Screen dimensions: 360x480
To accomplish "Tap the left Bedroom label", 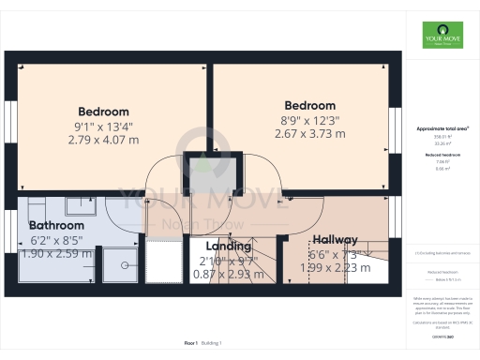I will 103,112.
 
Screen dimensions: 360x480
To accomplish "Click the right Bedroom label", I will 309,106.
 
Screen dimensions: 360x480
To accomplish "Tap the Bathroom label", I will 56,226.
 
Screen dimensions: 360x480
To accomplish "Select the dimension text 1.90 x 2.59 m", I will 56,254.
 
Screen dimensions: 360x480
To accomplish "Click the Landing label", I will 229,247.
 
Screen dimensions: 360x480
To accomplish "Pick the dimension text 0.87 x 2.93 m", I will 229,275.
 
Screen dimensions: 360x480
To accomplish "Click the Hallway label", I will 336,239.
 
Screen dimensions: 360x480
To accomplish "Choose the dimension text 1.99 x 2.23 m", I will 336,269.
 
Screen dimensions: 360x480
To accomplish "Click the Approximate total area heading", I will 442,127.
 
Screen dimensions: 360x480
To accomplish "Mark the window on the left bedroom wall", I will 11,123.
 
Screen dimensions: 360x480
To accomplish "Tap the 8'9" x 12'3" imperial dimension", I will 309,120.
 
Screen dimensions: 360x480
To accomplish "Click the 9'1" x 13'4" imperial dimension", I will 103,126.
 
